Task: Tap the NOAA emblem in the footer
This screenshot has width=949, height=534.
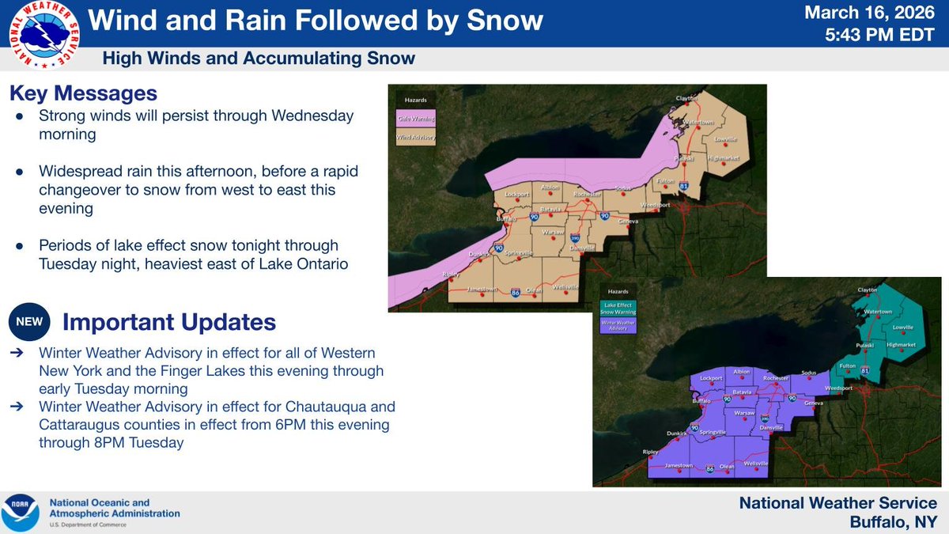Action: coord(20,513)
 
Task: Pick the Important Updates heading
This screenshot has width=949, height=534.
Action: coord(168,322)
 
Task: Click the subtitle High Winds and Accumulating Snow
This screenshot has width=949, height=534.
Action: coord(259,59)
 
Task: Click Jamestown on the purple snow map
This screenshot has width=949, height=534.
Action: coord(679,465)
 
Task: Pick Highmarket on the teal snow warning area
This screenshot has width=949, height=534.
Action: coord(900,344)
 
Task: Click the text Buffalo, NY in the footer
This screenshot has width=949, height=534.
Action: coord(893,522)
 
